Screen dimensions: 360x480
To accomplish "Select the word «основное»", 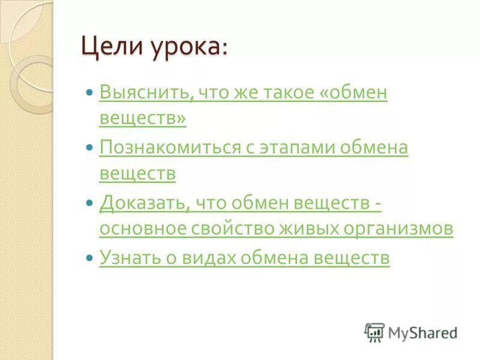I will coord(142,229).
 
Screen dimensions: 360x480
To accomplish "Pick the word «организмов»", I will coord(398,229).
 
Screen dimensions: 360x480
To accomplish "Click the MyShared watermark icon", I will coord(375,332).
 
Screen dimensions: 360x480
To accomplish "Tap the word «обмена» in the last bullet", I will coord(277,258).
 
